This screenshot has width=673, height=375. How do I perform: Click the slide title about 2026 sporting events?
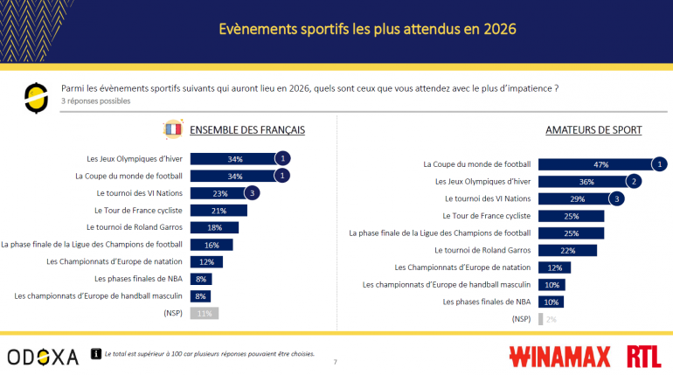pyautogui.click(x=336, y=29)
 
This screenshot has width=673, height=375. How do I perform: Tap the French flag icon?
pyautogui.click(x=171, y=130)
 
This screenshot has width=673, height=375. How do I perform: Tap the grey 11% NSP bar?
pyautogui.click(x=204, y=313)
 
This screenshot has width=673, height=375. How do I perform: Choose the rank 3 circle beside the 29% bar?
pyautogui.click(x=617, y=198)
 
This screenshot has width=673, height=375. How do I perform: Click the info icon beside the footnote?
pyautogui.click(x=96, y=355)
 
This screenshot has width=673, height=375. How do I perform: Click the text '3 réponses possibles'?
pyautogui.click(x=95, y=101)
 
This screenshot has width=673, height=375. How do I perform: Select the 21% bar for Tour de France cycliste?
pyautogui.click(x=219, y=211)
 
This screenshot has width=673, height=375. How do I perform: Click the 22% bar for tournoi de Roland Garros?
pyautogui.click(x=567, y=250)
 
